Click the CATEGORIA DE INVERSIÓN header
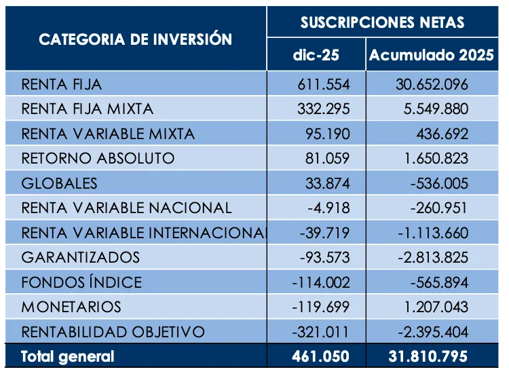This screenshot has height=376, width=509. click(x=136, y=39)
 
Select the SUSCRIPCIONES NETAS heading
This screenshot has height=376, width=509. click(x=383, y=22)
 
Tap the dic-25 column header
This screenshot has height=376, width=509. click(x=316, y=56)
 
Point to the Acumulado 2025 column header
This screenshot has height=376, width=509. click(x=431, y=56)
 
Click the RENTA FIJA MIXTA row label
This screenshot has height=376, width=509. click(x=88, y=109)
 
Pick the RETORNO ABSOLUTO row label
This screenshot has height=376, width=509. click(x=98, y=159)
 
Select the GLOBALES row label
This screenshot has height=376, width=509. click(x=60, y=183)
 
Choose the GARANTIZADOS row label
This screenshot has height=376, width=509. click(x=81, y=258)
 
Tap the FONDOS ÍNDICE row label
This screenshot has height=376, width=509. click(x=81, y=282)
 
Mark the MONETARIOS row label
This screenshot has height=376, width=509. click(x=71, y=307)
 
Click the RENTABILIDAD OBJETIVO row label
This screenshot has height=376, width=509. click(x=113, y=332)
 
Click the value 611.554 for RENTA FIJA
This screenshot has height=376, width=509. click(x=324, y=85)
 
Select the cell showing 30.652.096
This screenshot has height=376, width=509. click(x=432, y=85)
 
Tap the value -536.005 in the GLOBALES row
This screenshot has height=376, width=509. click(x=436, y=183)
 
